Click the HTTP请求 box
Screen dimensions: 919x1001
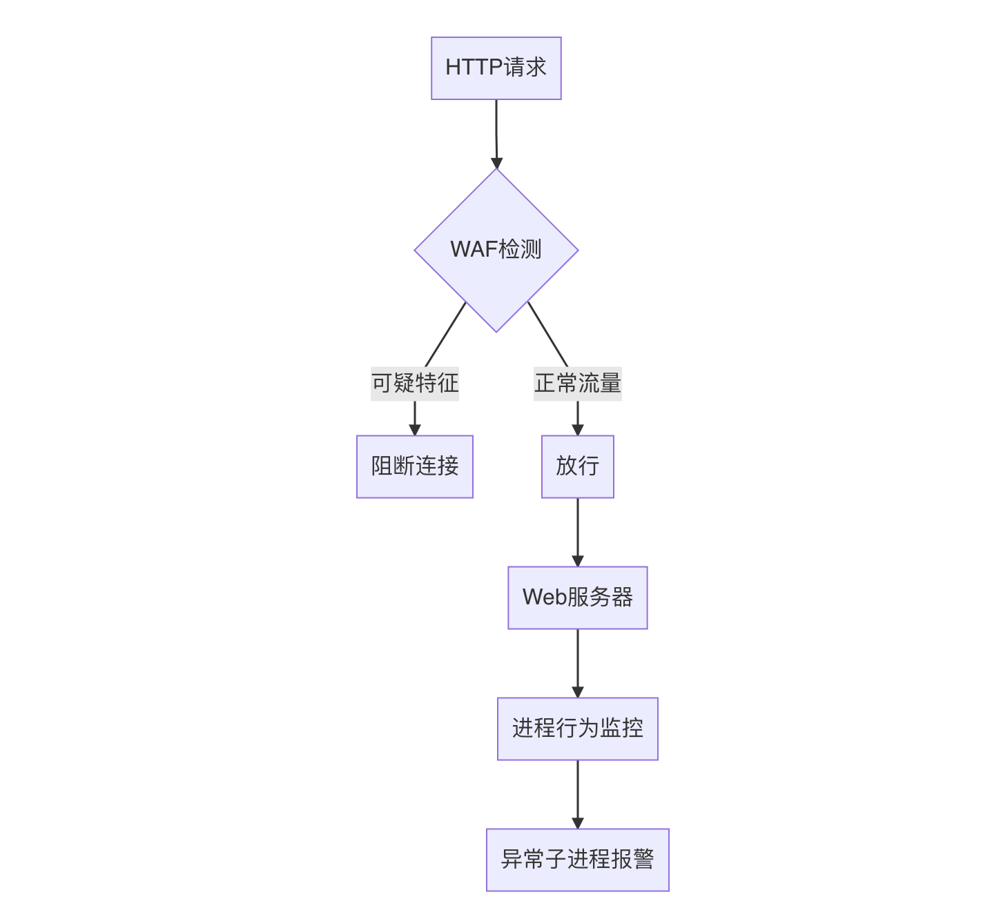tap(496, 68)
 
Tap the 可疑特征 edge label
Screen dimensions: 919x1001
tap(415, 384)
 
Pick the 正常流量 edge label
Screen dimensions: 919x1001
tap(578, 384)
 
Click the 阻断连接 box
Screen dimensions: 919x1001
tap(415, 466)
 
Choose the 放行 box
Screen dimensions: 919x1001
tap(578, 466)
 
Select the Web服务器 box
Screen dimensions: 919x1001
tap(578, 597)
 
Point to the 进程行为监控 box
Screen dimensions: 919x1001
tap(578, 729)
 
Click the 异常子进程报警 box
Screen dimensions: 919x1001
tap(578, 860)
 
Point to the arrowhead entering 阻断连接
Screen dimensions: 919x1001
tap(415, 429)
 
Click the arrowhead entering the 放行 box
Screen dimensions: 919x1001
tap(578, 429)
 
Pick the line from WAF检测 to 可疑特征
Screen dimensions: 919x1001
tap(446, 334)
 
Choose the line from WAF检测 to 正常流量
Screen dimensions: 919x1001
tap(547, 334)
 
